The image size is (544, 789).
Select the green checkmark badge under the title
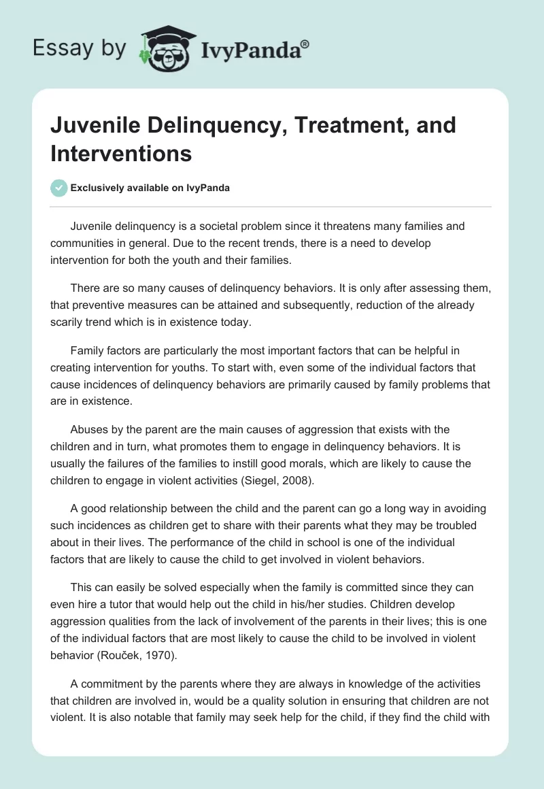coord(59,188)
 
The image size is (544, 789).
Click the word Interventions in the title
coord(121,153)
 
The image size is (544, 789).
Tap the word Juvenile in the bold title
coord(89,126)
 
